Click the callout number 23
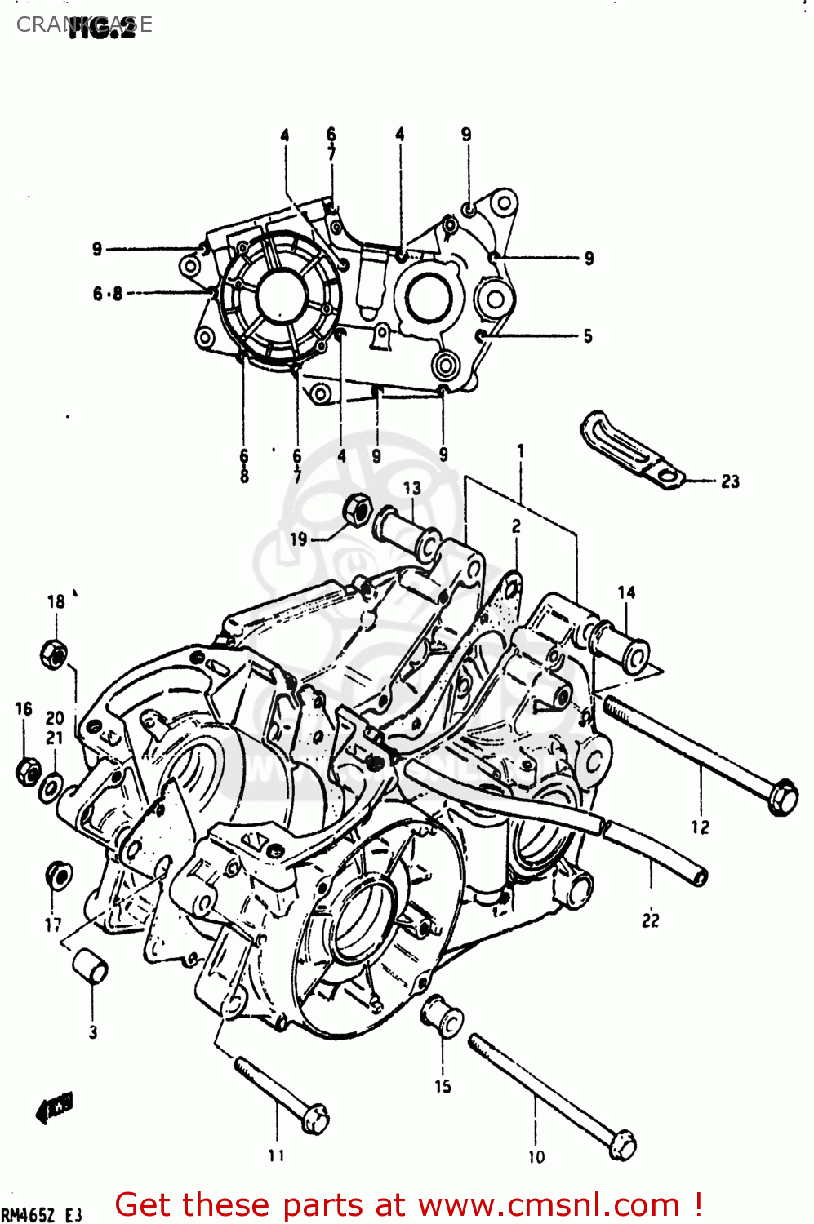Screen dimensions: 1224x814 coord(730,481)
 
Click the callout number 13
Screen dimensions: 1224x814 coord(412,488)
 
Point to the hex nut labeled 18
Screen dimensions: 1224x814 coord(54,654)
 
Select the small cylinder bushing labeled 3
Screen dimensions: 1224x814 coord(91,966)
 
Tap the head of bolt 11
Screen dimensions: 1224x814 coord(315,1118)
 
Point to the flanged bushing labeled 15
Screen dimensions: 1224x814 coord(443,1016)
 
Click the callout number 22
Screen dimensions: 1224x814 coord(650,920)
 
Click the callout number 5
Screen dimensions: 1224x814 coord(587,335)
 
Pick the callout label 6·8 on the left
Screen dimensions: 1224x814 coord(107,294)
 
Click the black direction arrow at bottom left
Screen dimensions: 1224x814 coord(55,1107)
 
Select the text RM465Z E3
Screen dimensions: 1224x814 coord(42,1215)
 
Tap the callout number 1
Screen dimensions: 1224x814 coord(520,450)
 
